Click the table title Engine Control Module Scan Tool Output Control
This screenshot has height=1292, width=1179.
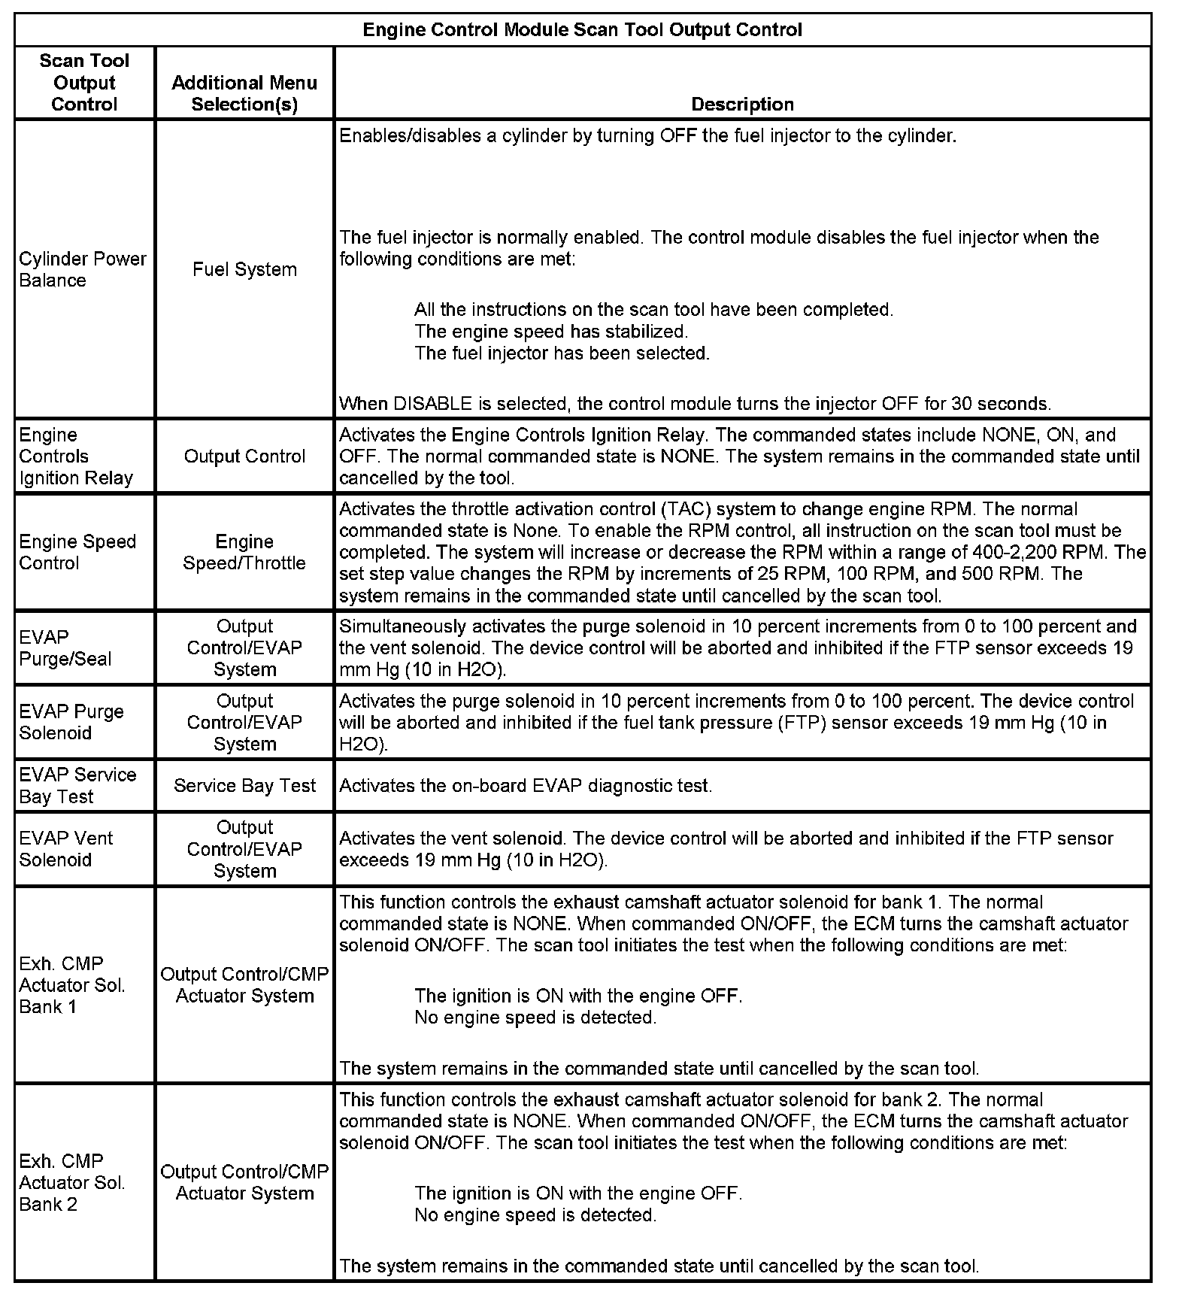click(582, 30)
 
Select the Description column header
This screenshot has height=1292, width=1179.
click(742, 105)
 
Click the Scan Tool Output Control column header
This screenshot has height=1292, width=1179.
click(84, 83)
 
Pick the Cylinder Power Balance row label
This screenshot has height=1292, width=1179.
click(83, 269)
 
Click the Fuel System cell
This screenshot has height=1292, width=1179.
click(244, 269)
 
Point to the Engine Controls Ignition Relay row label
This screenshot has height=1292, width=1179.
click(76, 456)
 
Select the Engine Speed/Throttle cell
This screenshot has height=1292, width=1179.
click(244, 553)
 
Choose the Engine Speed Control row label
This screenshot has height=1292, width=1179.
click(77, 553)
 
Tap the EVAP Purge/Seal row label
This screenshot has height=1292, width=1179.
click(65, 648)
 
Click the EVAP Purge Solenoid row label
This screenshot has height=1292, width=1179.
click(71, 722)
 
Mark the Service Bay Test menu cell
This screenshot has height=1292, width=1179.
click(244, 786)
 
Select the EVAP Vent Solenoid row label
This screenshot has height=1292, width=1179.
click(66, 849)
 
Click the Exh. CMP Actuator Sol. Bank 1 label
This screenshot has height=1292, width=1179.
click(72, 985)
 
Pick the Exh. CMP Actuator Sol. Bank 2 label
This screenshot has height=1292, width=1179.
click(72, 1182)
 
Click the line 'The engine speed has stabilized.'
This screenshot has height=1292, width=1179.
click(551, 332)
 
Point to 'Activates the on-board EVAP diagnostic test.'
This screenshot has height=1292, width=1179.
click(526, 786)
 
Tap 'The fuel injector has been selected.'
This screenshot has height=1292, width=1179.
click(562, 353)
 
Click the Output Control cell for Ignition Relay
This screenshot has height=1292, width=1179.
click(244, 456)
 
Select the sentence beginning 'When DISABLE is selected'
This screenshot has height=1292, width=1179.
click(695, 404)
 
